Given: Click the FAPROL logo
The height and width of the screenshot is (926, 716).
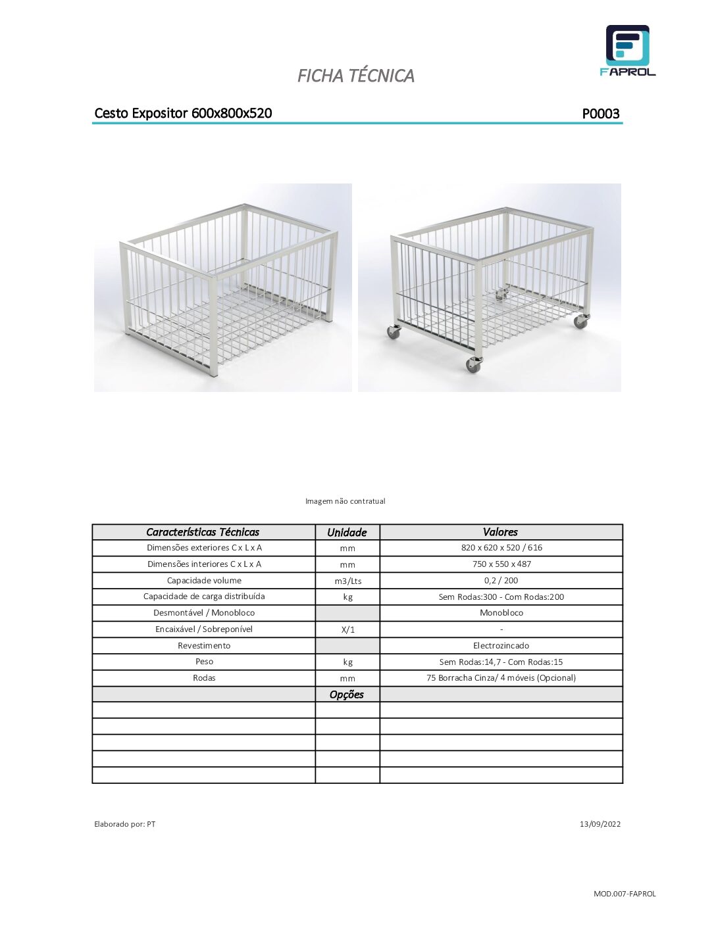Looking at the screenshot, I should click(627, 51).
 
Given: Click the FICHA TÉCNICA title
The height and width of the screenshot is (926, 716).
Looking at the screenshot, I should click(355, 76).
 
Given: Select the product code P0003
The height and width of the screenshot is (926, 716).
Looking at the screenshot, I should click(600, 114).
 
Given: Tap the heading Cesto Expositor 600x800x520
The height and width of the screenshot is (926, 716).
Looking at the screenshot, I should click(183, 113).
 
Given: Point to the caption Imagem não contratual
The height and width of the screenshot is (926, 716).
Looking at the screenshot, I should click(345, 501).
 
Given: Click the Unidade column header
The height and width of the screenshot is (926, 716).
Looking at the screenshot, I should click(347, 532).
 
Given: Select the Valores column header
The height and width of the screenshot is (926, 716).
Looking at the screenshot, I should click(500, 532).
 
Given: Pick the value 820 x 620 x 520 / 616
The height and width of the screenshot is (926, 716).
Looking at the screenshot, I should click(501, 548).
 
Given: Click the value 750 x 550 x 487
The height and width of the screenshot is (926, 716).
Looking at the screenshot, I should click(501, 564).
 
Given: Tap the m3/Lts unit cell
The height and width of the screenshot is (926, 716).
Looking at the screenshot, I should click(347, 581).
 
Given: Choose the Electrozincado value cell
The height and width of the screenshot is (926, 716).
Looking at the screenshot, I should click(501, 646).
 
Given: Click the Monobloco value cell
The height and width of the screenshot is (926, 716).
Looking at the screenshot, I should click(501, 613).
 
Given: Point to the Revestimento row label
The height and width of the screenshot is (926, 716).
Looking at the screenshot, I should click(204, 646).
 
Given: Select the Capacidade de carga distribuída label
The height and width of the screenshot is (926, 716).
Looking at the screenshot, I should click(204, 597).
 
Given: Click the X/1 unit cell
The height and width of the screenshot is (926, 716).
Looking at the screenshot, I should click(347, 629).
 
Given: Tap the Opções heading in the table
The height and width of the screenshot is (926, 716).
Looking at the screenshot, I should click(347, 694).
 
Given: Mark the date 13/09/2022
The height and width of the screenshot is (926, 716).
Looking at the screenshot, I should click(600, 824).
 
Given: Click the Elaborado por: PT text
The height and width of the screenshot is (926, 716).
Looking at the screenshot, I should click(124, 824).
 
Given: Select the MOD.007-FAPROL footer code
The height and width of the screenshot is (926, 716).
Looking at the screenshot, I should click(625, 894).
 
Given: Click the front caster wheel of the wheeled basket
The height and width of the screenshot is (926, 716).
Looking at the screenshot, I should click(473, 365).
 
